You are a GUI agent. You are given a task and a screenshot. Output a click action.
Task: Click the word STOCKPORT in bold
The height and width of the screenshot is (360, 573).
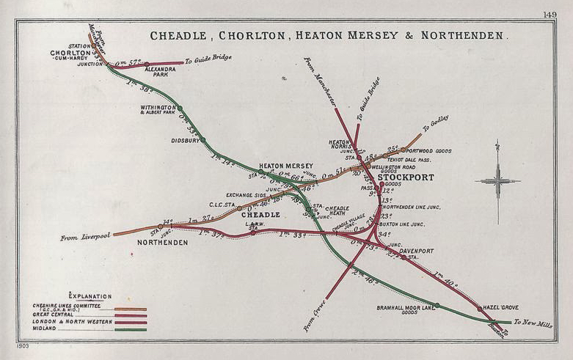406,177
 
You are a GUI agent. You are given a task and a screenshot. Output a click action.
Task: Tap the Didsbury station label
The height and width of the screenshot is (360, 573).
185,140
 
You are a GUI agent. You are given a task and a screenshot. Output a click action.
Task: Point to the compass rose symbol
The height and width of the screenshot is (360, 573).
497,180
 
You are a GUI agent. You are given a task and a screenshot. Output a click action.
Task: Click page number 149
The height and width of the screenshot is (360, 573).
550,14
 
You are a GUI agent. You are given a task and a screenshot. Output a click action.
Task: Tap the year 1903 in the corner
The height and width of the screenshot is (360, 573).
21,343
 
